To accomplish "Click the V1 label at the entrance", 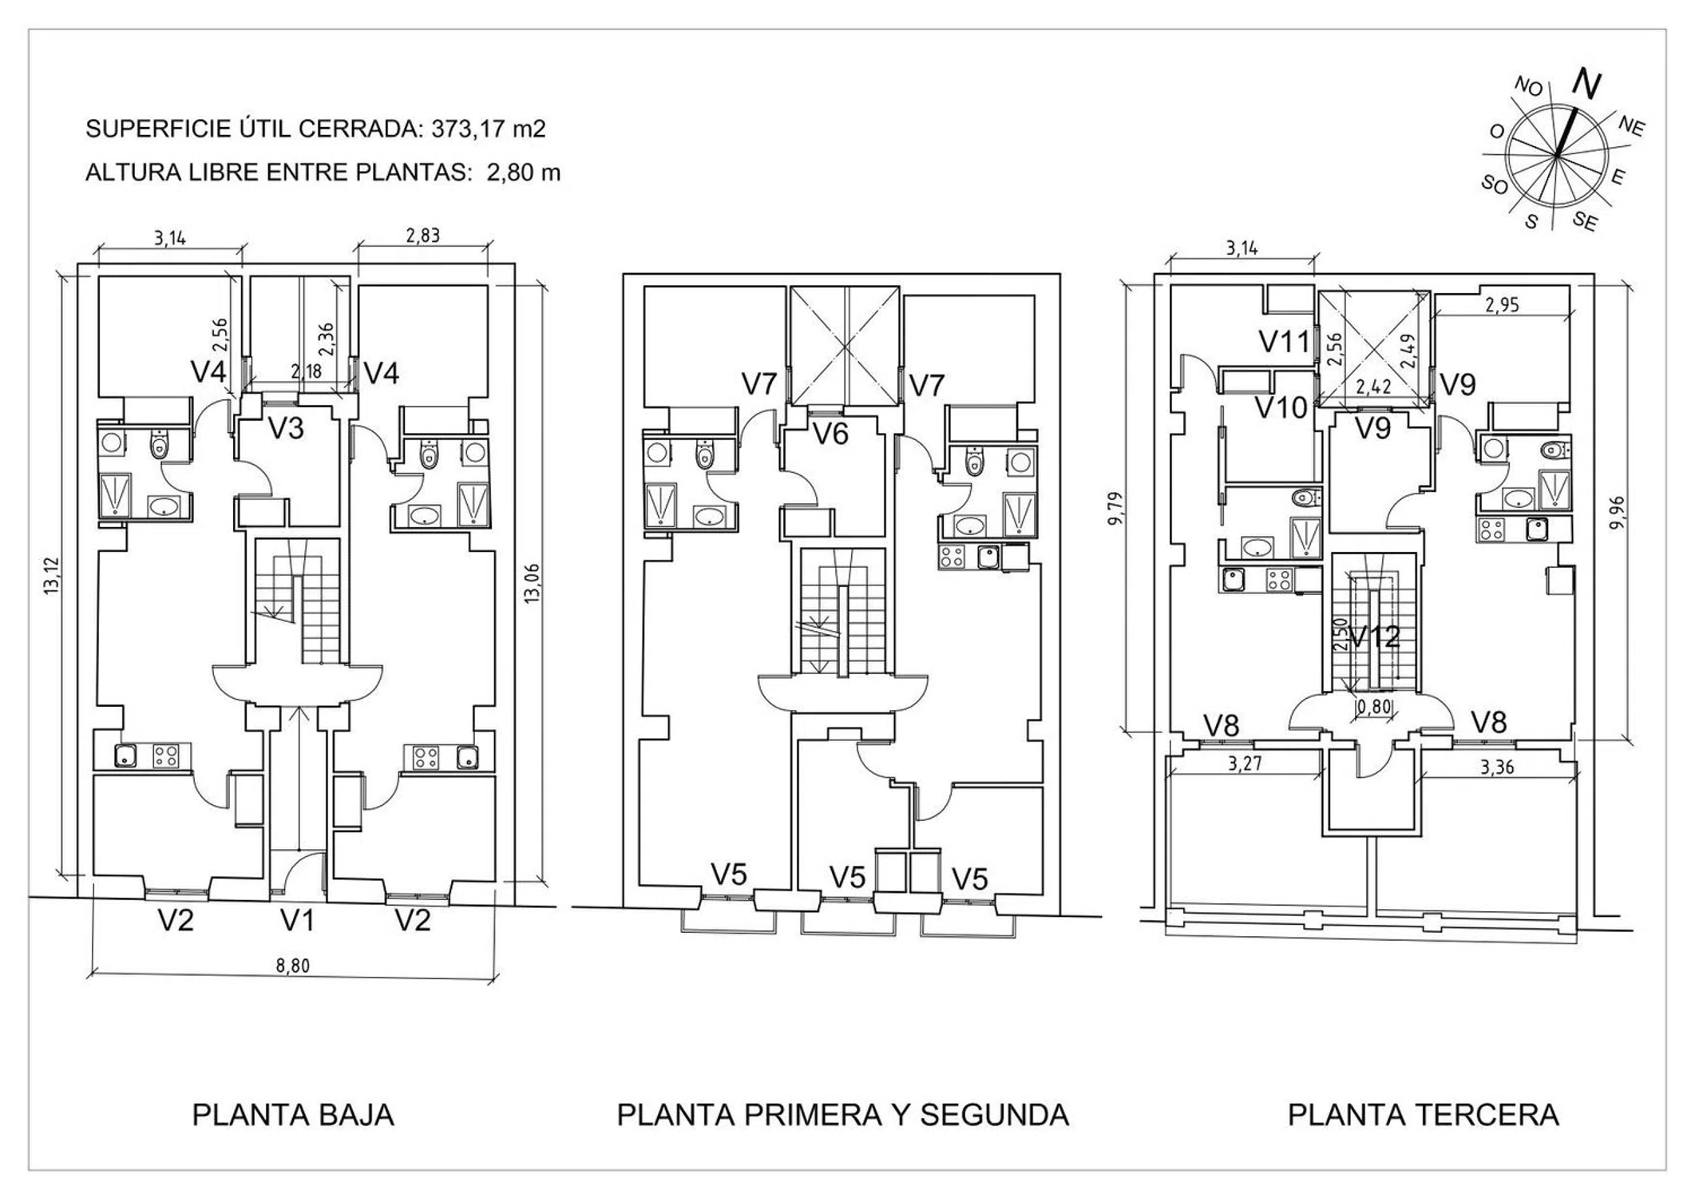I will click(x=297, y=921).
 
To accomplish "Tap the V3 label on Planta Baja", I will click(x=286, y=429).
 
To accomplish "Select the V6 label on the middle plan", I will click(x=830, y=435).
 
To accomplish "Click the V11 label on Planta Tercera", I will click(x=1285, y=343).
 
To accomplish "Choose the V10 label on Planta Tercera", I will click(x=1281, y=408).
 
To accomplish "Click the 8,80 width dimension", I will click(x=292, y=966).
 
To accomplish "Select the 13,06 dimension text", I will click(x=532, y=585).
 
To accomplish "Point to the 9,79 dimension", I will click(x=1116, y=508).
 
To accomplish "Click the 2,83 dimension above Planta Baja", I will click(x=422, y=236).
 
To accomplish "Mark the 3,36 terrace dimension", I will click(x=1496, y=768).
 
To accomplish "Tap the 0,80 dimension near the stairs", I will click(x=1373, y=706).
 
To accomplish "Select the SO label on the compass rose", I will click(x=1495, y=185).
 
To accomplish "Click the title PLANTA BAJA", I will click(x=293, y=1115).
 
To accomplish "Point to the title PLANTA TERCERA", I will click(x=1423, y=1115).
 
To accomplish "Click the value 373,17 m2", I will click(x=489, y=129).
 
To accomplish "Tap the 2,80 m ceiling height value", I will click(x=524, y=173).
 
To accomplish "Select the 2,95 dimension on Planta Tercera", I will click(x=1502, y=305).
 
